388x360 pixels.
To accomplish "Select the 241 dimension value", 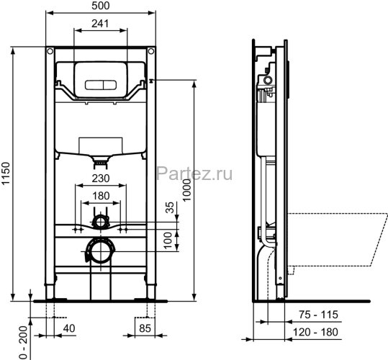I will click(x=101, y=24).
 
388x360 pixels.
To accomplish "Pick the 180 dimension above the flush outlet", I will click(x=101, y=195).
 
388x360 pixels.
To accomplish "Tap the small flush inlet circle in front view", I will click(x=101, y=220).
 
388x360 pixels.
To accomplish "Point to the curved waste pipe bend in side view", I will click(x=268, y=248).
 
